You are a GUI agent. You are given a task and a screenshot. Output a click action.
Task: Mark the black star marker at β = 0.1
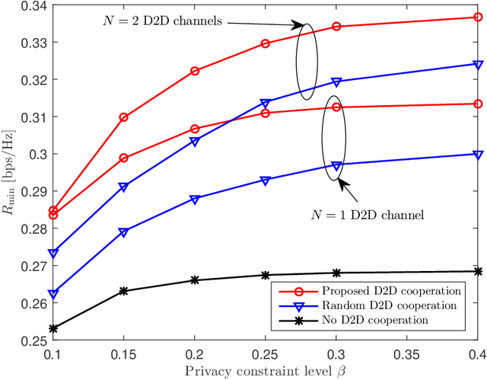coord(53,329)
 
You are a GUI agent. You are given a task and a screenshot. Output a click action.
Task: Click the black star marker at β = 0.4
coord(478,271)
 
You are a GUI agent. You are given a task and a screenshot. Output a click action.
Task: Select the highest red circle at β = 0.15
coord(124,117)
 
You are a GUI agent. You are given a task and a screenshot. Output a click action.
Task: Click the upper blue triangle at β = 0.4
coord(478,64)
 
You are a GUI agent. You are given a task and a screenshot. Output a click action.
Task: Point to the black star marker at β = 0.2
coord(195,280)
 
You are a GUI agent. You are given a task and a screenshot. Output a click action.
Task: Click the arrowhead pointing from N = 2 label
coord(299,27)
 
